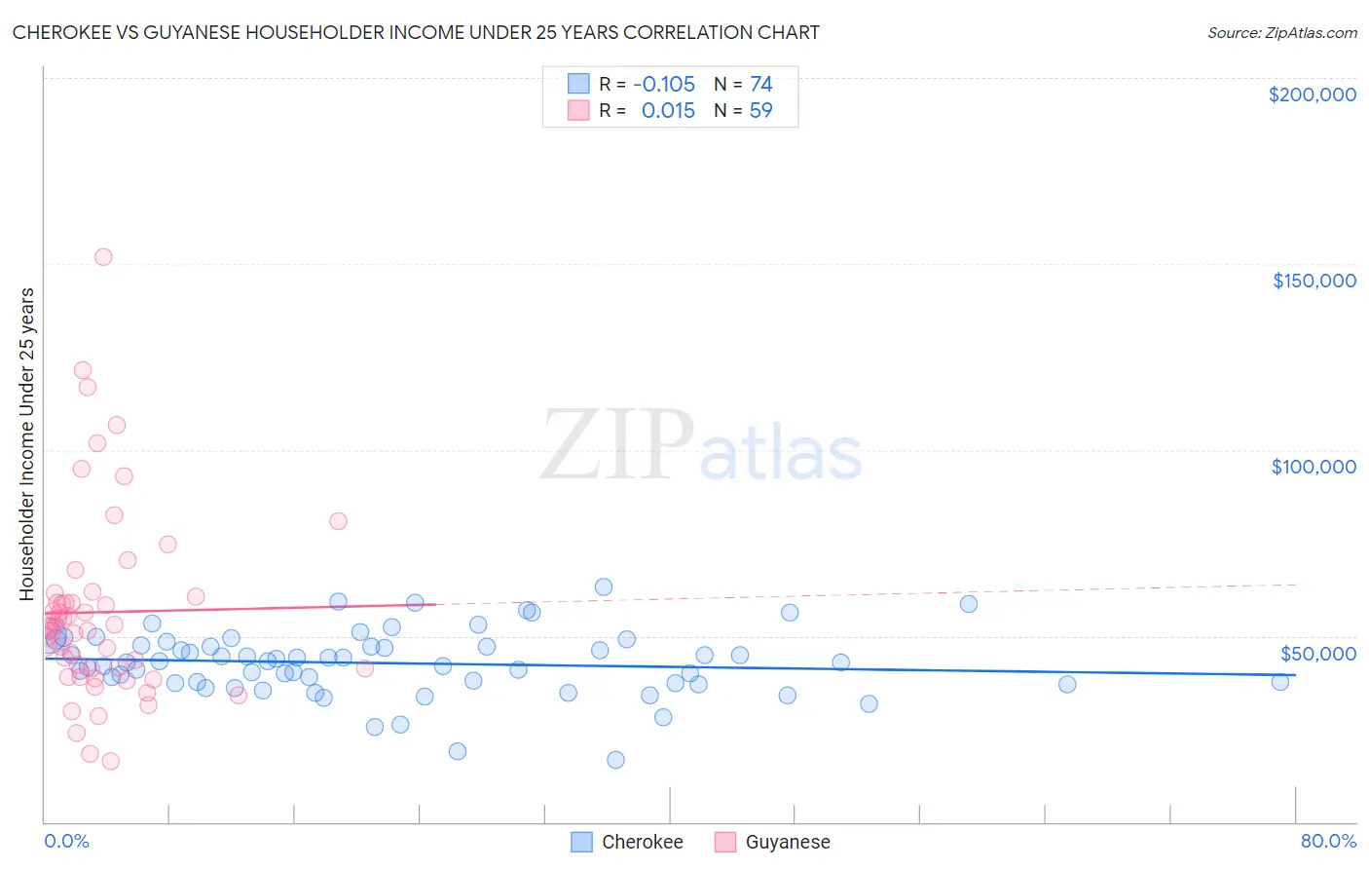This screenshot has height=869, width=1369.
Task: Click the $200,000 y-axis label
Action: [1312, 94]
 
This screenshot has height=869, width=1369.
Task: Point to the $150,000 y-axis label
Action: [1313, 281]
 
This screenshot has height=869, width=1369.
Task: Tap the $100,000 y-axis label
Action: [1313, 467]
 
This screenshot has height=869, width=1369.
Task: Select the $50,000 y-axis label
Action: [1317, 654]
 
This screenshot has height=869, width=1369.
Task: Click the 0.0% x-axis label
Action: [66, 841]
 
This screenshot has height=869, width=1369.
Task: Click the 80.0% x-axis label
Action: [1328, 841]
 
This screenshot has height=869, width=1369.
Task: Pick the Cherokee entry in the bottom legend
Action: [642, 842]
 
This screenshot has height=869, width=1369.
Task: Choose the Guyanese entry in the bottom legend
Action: [787, 842]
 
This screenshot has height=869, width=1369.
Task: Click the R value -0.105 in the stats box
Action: [664, 85]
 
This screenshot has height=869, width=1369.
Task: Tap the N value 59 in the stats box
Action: [760, 111]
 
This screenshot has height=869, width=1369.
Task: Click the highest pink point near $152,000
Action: [103, 257]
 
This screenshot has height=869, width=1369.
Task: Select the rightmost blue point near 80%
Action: [1280, 682]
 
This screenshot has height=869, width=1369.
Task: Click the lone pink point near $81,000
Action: [338, 521]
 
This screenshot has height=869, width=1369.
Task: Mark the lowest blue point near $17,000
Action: [615, 760]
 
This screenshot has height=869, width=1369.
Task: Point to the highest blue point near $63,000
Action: [604, 587]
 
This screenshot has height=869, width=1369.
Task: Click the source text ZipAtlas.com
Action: [1281, 33]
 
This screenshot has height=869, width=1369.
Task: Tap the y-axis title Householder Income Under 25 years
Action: [27, 443]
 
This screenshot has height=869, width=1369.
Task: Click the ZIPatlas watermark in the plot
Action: [701, 446]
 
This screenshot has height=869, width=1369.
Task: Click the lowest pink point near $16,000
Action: [111, 761]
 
